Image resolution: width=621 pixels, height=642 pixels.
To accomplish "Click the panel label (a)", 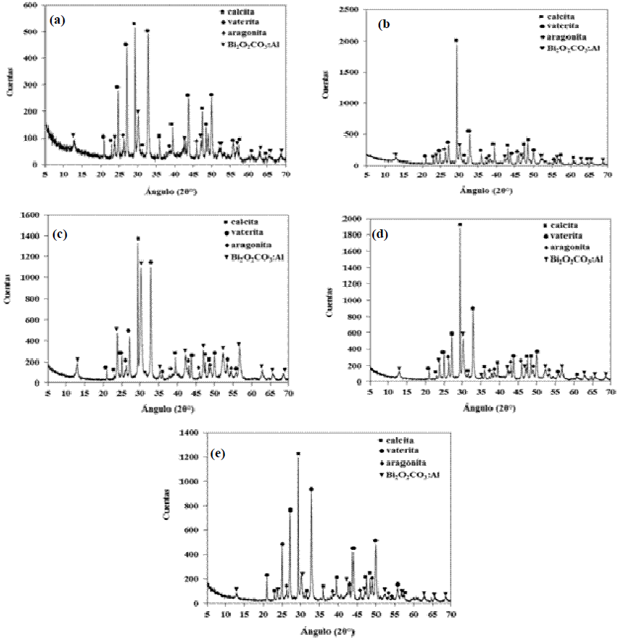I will [x=57, y=20].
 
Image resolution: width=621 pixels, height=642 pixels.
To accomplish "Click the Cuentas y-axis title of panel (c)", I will [x=9, y=298].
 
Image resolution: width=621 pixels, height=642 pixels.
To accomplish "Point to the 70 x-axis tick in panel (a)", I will [x=285, y=174].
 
